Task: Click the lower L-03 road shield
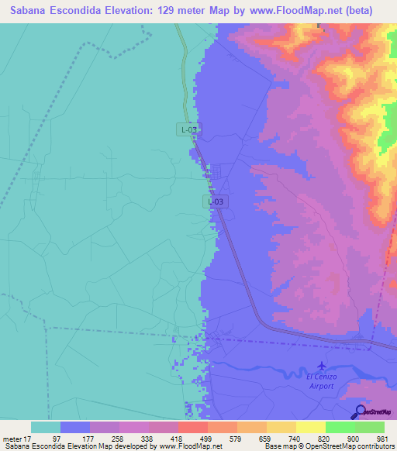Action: click(216, 201)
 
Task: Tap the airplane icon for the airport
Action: click(323, 365)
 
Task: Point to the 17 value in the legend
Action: click(31, 438)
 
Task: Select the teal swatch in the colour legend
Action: click(46, 427)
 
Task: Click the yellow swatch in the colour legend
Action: click(311, 427)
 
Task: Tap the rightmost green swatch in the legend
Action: click(370, 427)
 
